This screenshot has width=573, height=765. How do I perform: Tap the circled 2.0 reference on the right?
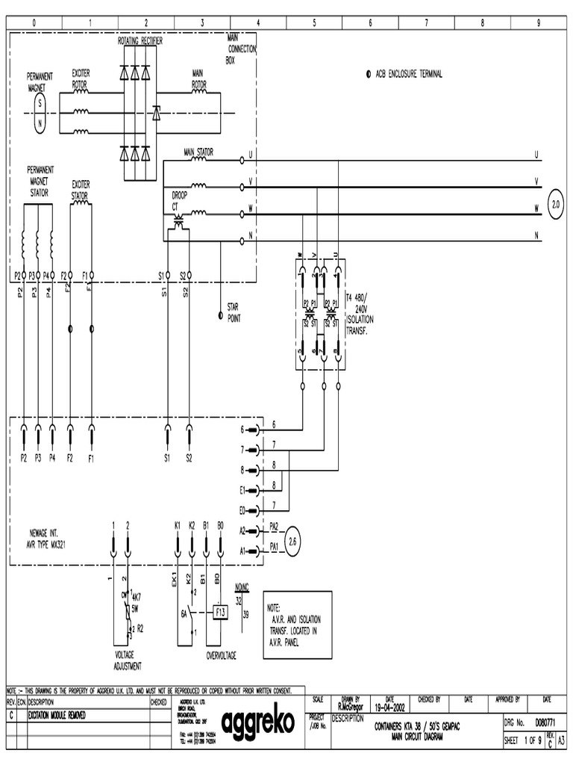(x=555, y=203)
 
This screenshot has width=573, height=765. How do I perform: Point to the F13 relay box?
(x=220, y=612)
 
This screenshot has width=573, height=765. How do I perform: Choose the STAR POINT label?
(x=238, y=312)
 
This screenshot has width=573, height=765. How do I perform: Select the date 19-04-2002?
(x=390, y=706)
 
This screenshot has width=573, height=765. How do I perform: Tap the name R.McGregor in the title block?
(x=350, y=706)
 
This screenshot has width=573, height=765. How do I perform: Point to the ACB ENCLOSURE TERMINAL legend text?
(x=409, y=75)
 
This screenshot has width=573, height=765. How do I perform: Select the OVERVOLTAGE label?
(x=221, y=655)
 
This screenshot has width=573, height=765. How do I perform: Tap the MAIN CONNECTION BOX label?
(x=242, y=49)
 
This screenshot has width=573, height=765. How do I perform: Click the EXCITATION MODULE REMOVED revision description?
(x=57, y=715)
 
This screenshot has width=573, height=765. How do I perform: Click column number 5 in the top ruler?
(x=314, y=23)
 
